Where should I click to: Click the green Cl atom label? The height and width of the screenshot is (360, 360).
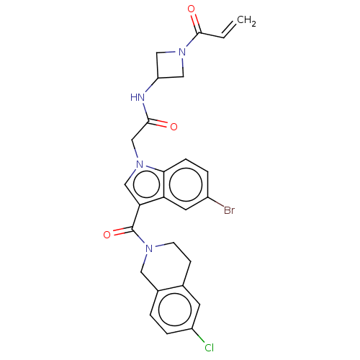(209, 348)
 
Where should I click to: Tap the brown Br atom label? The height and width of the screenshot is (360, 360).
(229, 211)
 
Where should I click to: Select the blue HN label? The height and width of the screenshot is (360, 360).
(137, 97)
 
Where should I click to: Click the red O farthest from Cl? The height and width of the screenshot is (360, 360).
(192, 10)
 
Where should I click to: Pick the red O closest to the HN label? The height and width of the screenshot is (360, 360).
(173, 127)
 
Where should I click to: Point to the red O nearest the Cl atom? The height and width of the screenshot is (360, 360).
(107, 235)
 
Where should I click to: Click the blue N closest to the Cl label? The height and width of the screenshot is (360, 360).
(149, 249)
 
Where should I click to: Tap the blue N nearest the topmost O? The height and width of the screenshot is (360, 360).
(181, 52)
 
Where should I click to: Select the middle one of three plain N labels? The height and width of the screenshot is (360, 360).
(140, 167)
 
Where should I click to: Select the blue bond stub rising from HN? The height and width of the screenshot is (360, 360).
(147, 90)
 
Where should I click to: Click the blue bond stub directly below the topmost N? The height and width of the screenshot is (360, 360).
(181, 63)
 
